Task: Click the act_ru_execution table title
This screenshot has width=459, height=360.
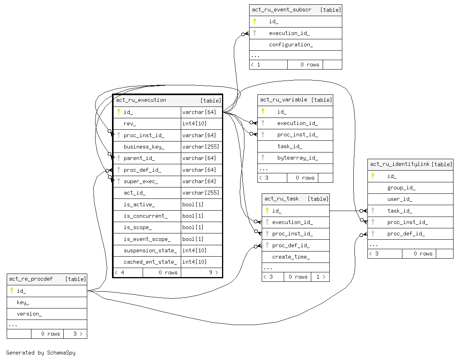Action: pos(141,100)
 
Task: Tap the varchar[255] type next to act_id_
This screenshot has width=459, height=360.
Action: pos(200,193)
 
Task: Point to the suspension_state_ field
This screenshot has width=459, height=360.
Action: pos(150,251)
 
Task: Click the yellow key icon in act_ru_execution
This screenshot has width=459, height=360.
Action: pos(118,112)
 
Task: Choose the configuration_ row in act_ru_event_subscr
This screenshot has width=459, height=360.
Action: pos(291,45)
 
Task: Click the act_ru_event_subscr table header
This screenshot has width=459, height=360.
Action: pos(281,10)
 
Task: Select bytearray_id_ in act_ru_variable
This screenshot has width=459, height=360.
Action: pos(297,158)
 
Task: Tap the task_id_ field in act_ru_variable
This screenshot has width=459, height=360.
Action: pos(290,146)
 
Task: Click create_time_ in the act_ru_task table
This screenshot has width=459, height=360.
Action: pos(291,257)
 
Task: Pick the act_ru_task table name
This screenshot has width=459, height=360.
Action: pos(281,199)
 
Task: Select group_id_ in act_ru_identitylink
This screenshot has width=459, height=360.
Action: pos(401,188)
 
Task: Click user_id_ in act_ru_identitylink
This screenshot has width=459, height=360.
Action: pos(400,199)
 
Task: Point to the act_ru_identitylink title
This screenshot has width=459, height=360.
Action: pos(400,164)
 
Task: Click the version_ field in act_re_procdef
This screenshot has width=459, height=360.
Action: pos(29,314)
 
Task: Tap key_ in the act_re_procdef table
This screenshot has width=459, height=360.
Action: pos(23,303)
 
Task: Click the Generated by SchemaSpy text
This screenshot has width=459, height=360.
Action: pos(41,353)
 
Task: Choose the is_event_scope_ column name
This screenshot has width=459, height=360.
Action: pos(147,239)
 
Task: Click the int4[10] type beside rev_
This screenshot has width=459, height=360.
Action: pos(194,124)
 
